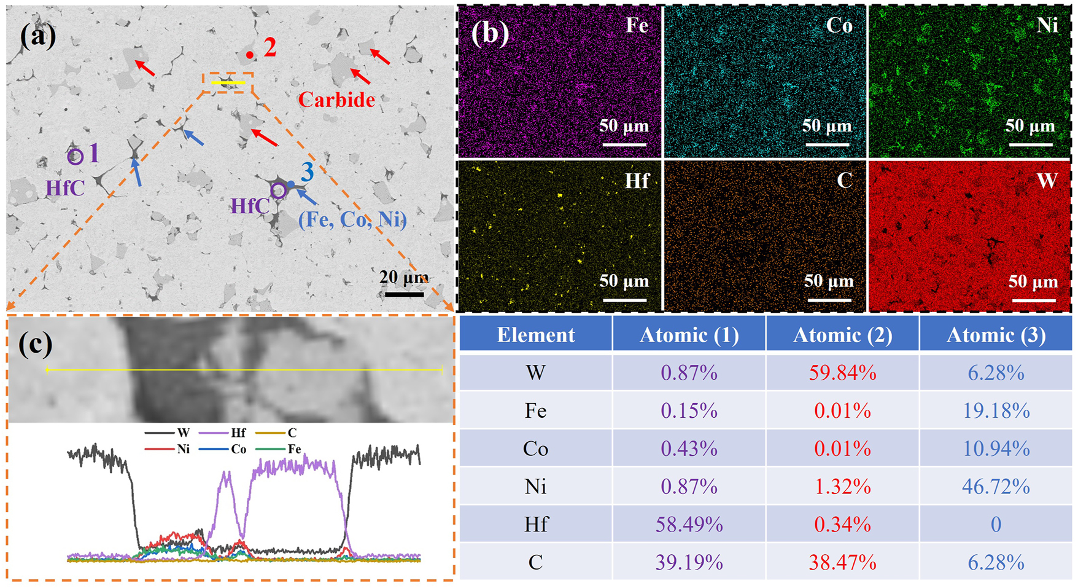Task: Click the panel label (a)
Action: (x=38, y=36)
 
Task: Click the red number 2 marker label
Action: (x=270, y=47)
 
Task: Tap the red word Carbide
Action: (x=336, y=100)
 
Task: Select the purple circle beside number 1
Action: (x=75, y=157)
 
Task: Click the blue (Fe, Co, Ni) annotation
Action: (x=352, y=219)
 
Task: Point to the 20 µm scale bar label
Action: (x=404, y=277)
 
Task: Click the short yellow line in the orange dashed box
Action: (x=228, y=82)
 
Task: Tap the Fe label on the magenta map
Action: (x=637, y=25)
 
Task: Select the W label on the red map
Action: (x=1047, y=181)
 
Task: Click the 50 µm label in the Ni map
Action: (x=1030, y=126)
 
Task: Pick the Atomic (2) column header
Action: (x=842, y=335)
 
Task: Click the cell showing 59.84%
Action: (x=842, y=373)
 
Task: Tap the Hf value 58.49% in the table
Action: (x=689, y=524)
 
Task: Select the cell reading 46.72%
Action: (x=996, y=487)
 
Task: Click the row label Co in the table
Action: (x=535, y=449)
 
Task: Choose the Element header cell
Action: (x=535, y=335)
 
